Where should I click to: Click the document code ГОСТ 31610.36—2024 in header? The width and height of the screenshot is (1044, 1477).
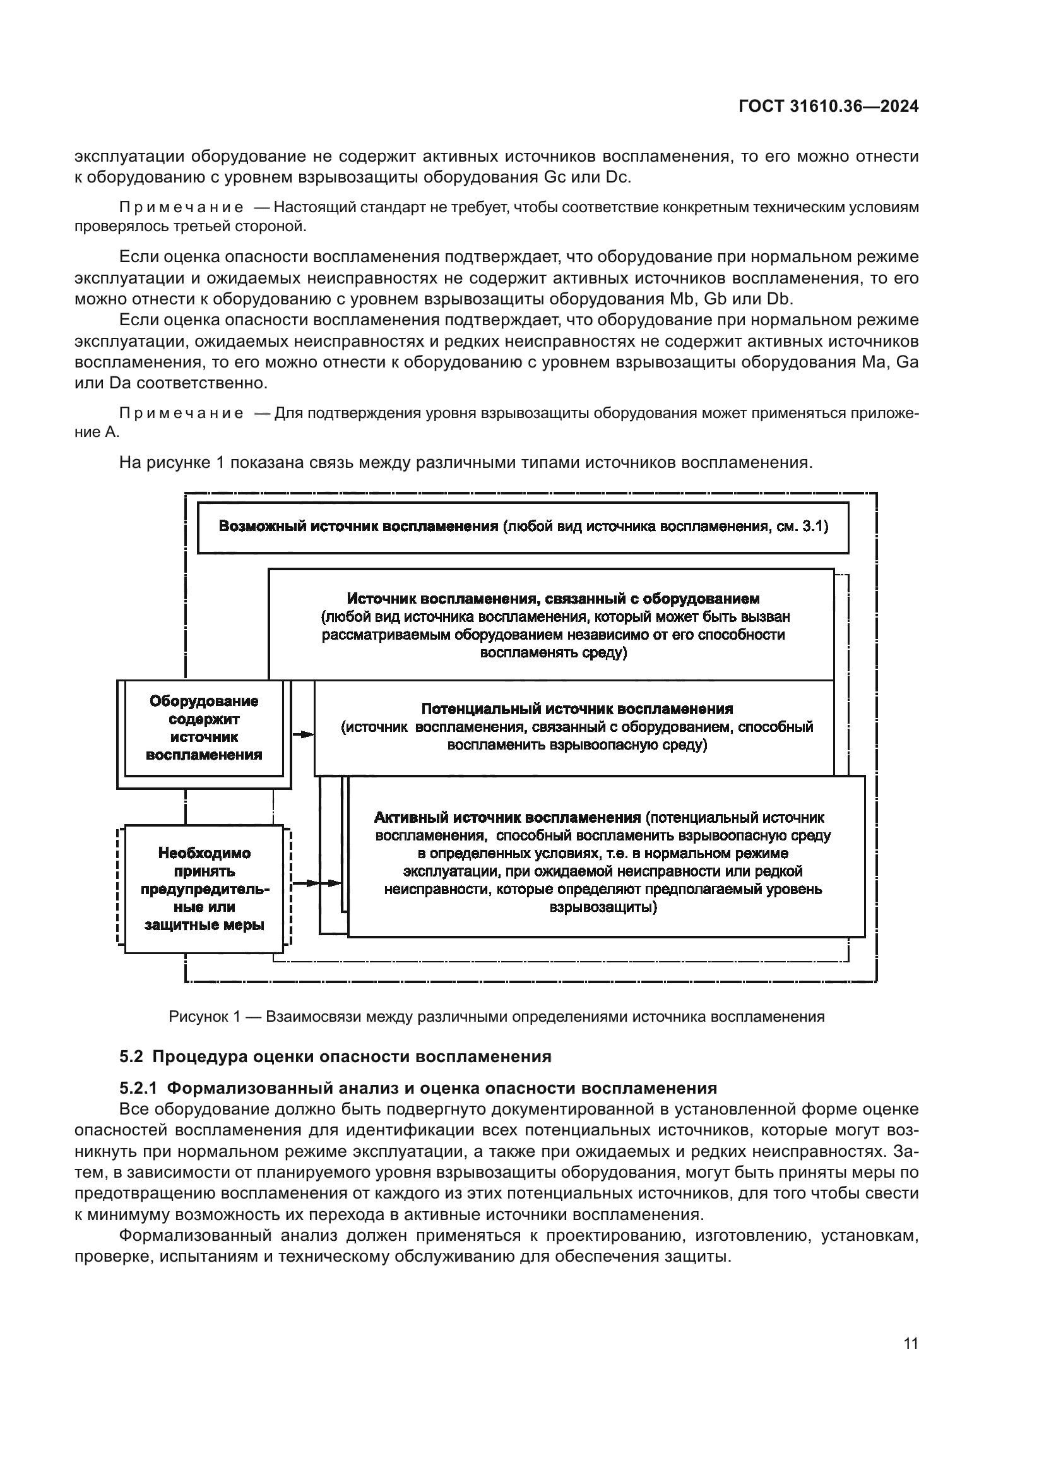pyautogui.click(x=828, y=106)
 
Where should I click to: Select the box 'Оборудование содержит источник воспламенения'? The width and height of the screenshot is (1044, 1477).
pyautogui.click(x=204, y=727)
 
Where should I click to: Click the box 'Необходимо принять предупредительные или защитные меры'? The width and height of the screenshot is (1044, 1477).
pyautogui.click(x=204, y=889)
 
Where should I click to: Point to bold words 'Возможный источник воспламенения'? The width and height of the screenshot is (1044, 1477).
pyautogui.click(x=358, y=526)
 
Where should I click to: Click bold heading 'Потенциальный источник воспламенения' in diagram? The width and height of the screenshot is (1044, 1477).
pyautogui.click(x=577, y=709)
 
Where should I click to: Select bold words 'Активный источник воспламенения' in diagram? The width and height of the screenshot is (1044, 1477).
pyautogui.click(x=507, y=818)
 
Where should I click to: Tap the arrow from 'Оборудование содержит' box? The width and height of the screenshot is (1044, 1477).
pyautogui.click(x=303, y=734)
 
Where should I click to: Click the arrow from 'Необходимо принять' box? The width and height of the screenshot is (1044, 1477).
pyautogui.click(x=315, y=883)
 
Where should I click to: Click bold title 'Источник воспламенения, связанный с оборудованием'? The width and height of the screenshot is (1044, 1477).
pyautogui.click(x=553, y=599)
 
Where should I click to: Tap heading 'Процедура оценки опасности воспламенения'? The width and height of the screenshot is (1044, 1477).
pyautogui.click(x=352, y=1057)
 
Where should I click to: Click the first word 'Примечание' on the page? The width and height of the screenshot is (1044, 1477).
pyautogui.click(x=181, y=208)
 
